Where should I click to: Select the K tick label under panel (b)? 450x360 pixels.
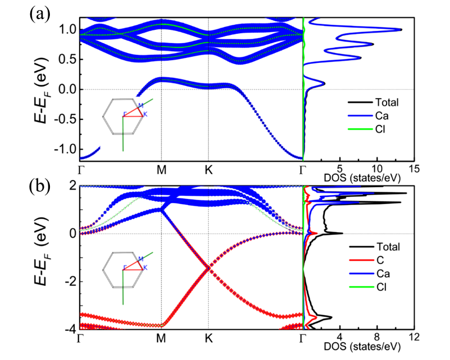coord(209,338)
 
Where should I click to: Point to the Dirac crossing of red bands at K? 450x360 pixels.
coord(209,268)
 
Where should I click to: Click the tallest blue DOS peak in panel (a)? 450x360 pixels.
coord(401,29)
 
